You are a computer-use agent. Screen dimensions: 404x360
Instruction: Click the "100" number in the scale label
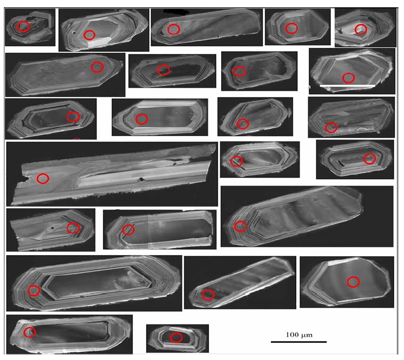(292, 335)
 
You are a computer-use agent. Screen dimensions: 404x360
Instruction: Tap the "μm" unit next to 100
(307, 336)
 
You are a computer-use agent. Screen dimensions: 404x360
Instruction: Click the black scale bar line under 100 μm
(299, 342)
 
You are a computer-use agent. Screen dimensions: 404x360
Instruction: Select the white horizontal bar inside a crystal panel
(347, 85)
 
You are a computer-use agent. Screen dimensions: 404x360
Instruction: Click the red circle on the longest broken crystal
(43, 178)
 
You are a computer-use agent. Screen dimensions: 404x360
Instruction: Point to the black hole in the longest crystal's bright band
(141, 179)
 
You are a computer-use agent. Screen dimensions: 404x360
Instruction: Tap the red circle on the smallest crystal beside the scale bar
(176, 337)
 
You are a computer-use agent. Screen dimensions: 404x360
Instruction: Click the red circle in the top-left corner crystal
(23, 27)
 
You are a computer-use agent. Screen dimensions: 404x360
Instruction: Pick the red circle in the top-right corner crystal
(361, 29)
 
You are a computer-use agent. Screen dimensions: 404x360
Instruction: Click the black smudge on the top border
(174, 11)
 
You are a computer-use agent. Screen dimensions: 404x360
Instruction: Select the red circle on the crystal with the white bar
(348, 78)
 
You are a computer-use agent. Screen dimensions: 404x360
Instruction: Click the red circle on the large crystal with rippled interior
(241, 226)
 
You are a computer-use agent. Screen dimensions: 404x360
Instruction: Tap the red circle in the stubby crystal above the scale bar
(353, 282)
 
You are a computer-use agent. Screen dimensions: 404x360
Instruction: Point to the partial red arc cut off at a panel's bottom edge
(77, 139)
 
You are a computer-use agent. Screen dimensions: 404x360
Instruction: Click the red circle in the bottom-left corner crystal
(29, 332)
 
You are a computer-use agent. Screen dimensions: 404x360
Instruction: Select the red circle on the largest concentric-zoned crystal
(34, 291)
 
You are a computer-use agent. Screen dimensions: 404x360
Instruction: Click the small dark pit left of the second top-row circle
(74, 33)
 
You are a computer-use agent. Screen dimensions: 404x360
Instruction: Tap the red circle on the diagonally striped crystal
(208, 295)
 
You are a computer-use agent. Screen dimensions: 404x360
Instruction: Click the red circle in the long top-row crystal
(173, 29)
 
